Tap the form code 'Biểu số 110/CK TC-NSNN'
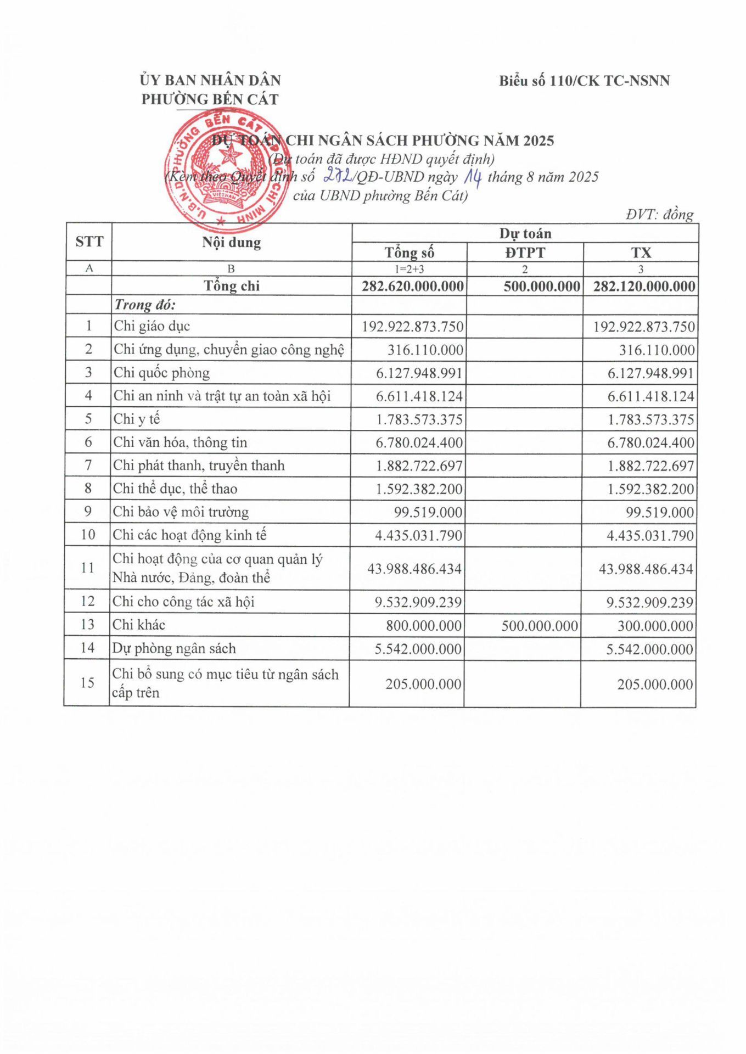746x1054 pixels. (x=584, y=81)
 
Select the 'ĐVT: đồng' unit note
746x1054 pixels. (x=659, y=214)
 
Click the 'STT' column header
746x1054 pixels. (x=89, y=242)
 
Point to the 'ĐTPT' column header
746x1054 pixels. (x=525, y=253)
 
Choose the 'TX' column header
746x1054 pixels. (x=641, y=253)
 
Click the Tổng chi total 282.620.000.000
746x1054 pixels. (x=412, y=286)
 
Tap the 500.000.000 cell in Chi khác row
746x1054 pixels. (x=539, y=626)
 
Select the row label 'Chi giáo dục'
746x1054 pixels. (x=152, y=326)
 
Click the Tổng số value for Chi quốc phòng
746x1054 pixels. (x=419, y=373)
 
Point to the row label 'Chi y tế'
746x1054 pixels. (x=137, y=419)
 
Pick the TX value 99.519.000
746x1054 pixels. (x=660, y=512)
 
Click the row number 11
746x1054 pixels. (x=88, y=568)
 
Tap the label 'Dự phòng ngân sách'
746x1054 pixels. (x=174, y=648)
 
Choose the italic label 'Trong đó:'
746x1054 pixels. (x=145, y=305)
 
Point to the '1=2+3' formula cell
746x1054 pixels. (x=409, y=269)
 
